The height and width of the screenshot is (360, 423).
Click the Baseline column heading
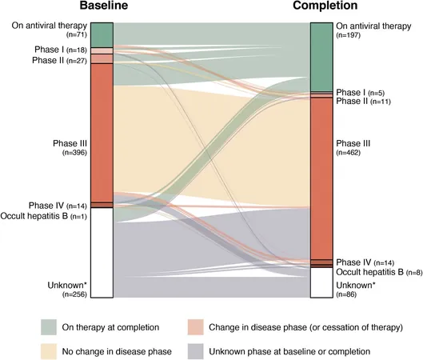pos(104,6)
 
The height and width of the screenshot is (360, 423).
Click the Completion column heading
pos(325,6)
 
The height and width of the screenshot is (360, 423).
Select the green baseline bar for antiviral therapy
pos(102,35)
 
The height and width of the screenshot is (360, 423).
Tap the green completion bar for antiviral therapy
pos(321,58)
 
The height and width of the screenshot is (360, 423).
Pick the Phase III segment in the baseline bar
pos(102,133)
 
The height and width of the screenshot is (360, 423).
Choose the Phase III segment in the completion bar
pos(321,178)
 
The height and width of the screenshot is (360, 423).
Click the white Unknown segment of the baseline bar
pos(102,253)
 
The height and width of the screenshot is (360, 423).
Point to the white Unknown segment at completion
pos(321,283)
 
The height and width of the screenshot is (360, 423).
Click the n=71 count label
pos(76,34)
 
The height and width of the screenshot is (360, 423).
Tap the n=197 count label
pos(349,35)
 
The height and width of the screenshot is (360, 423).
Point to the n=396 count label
pos(74,153)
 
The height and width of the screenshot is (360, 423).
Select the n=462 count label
pos(349,153)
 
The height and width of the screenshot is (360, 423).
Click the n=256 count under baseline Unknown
pos(74,294)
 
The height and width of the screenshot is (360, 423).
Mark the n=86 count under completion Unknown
pos(346,294)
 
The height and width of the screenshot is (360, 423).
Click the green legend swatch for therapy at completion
pos(49,327)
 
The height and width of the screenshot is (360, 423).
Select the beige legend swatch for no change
pos(49,351)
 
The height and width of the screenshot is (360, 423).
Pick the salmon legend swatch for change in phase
pos(196,327)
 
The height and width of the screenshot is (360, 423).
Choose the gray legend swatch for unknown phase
pos(196,351)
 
